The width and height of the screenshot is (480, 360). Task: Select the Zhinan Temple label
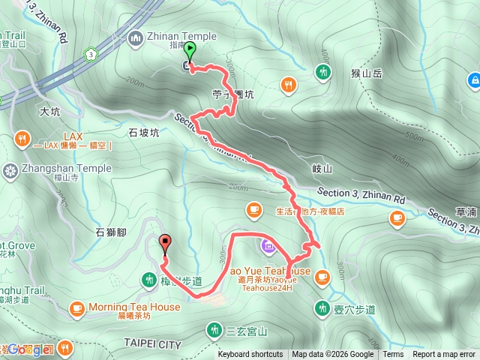182,36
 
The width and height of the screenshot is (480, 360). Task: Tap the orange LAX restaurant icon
21,138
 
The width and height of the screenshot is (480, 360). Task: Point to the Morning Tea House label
134,307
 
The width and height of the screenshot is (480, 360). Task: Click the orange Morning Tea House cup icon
76,307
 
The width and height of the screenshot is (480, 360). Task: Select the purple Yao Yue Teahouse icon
268,244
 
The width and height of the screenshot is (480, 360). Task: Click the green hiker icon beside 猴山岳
323,72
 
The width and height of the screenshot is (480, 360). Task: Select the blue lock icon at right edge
474,79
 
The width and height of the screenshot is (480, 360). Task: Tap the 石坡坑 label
144,133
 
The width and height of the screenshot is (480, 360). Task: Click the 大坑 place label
49,111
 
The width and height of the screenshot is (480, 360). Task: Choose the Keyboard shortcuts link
250,355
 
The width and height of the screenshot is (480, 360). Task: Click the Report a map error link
445,355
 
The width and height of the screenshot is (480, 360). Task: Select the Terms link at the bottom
393,355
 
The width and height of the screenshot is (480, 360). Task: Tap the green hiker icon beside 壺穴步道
323,307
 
